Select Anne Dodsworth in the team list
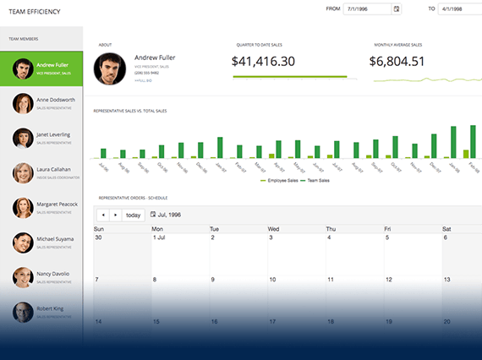click(61, 100)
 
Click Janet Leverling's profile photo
click(23, 138)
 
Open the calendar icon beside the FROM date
click(397, 9)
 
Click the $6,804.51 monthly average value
click(397, 61)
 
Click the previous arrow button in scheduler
click(103, 215)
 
